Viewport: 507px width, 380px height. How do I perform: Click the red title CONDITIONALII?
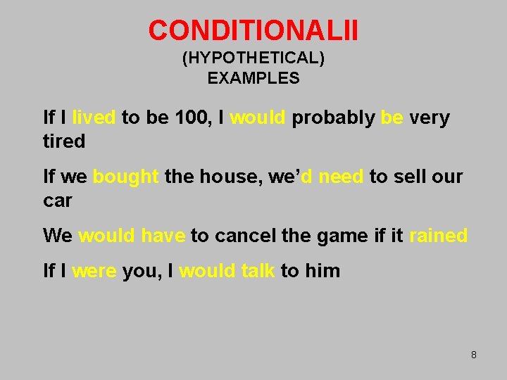coord(254,30)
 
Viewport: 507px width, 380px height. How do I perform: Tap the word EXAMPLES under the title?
coord(254,78)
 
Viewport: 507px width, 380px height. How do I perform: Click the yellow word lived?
coord(94,118)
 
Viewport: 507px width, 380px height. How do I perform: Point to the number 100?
coord(191,118)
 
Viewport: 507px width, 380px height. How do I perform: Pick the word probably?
coord(333,118)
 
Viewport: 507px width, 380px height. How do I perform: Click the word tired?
coord(64,141)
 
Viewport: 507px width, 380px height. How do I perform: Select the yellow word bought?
coord(126,177)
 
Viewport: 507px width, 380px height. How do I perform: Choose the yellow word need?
coord(341,177)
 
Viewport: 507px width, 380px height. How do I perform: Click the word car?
coord(58,201)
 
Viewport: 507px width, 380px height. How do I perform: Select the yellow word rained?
coord(438,236)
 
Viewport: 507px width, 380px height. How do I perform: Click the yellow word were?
coord(94,271)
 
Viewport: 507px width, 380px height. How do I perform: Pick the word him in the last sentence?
coord(323,271)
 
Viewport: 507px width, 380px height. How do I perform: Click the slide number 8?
coord(474,355)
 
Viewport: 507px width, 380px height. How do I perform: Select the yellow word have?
coord(163,236)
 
